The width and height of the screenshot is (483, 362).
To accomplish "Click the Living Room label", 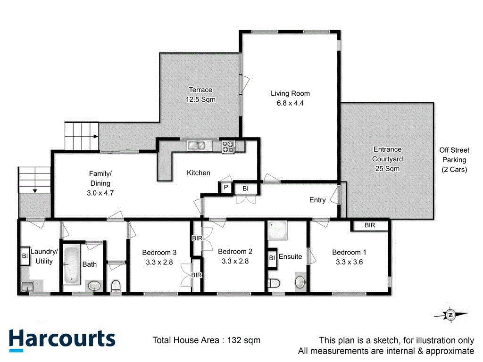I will click(x=290, y=93).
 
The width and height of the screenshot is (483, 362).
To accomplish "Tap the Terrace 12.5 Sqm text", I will click(x=200, y=95).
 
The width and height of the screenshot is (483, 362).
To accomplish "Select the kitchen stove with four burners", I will click(x=229, y=147).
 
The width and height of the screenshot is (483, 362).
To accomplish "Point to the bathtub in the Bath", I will click(x=72, y=265).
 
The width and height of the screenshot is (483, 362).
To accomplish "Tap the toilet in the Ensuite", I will click(x=274, y=283).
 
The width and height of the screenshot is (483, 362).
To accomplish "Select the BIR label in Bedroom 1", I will click(x=370, y=226).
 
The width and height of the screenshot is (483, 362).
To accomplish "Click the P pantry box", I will click(x=225, y=188).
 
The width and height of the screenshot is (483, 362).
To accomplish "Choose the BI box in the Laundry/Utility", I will click(x=25, y=256).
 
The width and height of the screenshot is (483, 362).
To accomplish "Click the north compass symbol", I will click(x=450, y=314).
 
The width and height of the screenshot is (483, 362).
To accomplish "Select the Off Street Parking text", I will click(x=454, y=160).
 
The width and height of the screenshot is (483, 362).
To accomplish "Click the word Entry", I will click(x=317, y=200).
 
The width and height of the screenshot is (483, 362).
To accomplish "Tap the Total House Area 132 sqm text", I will click(x=206, y=340).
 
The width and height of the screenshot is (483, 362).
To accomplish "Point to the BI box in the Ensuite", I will click(x=272, y=258).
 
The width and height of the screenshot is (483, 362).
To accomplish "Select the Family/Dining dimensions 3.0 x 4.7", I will click(x=100, y=192).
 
